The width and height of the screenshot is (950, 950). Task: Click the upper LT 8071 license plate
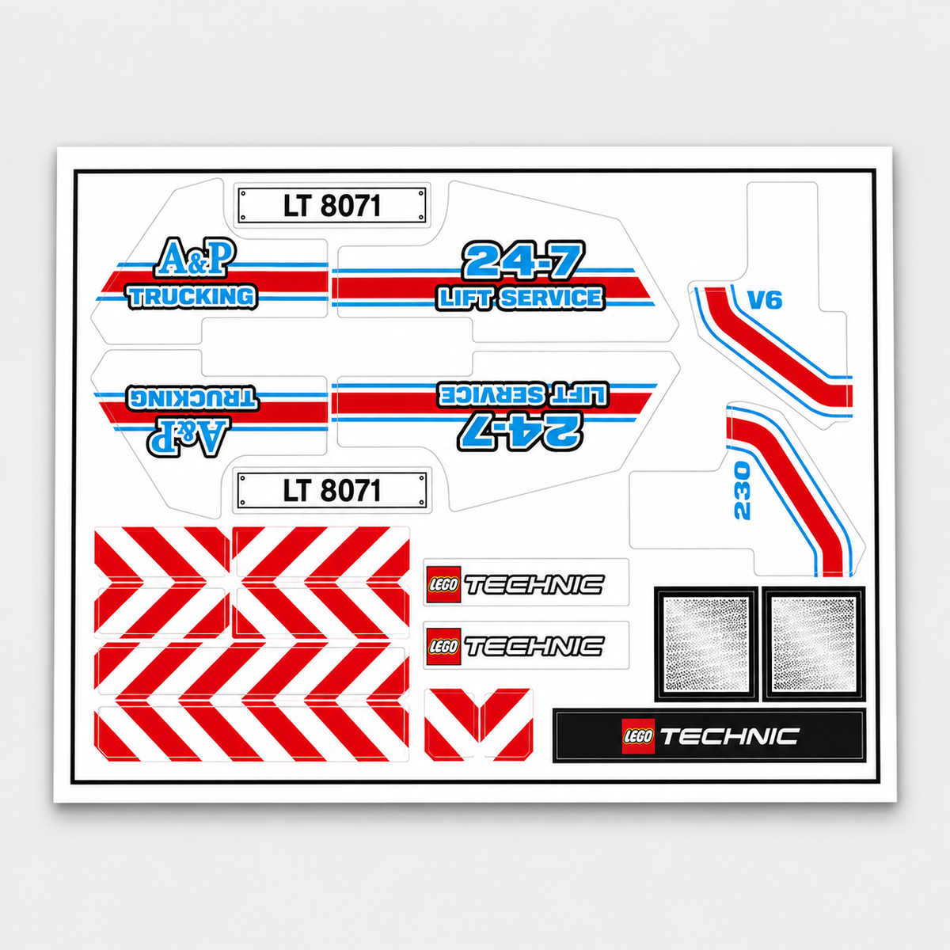(332, 205)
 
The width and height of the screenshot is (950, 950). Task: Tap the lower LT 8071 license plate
(332, 490)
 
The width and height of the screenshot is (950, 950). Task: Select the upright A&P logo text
(195, 257)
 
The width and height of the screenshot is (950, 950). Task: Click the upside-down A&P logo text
(188, 437)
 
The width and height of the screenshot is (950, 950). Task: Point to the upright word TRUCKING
(192, 297)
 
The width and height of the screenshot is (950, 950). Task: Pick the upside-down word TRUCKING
(192, 398)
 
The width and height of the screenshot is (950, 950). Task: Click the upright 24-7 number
(522, 260)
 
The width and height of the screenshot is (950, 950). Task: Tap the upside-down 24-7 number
(520, 431)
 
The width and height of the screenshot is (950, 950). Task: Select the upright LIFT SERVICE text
(521, 298)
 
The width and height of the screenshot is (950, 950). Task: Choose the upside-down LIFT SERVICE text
(522, 394)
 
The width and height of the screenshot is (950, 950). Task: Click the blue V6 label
(765, 300)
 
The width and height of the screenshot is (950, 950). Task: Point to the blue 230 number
(742, 491)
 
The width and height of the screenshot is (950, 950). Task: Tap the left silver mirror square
(706, 644)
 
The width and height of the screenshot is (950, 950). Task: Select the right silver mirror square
(814, 644)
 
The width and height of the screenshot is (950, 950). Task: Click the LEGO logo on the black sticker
(638, 736)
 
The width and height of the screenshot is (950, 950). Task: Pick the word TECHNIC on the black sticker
(730, 736)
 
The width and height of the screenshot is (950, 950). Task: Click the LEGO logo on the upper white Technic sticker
(443, 584)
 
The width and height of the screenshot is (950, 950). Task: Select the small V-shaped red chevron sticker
(478, 724)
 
